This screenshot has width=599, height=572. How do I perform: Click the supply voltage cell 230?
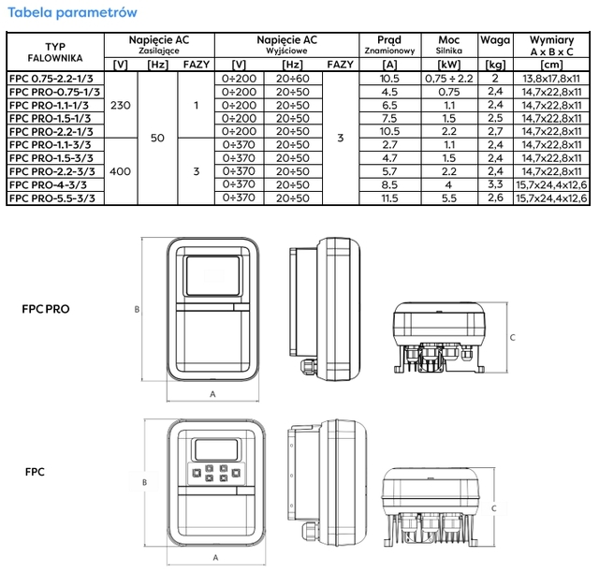click(120, 106)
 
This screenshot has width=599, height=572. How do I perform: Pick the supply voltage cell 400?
click(120, 172)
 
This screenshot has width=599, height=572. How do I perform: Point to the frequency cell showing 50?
click(157, 139)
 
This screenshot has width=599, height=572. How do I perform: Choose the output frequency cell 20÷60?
click(293, 80)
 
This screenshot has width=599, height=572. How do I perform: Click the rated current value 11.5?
click(390, 198)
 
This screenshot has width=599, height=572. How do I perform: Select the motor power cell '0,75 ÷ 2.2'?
click(448, 80)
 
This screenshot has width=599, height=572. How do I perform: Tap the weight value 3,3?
click(495, 185)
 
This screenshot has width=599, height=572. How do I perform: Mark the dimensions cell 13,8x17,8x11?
click(551, 80)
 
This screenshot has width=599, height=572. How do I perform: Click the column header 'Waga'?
click(495, 40)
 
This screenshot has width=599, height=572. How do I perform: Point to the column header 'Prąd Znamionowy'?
click(390, 45)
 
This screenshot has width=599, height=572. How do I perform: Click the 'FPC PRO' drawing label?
click(46, 308)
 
